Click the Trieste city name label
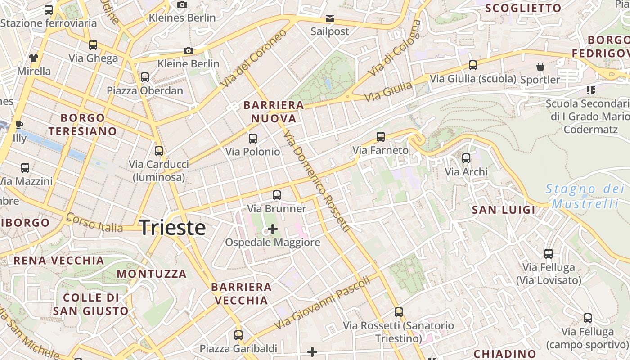tap(173, 228)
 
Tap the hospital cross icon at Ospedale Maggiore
tap(272, 229)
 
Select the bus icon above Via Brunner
tap(277, 195)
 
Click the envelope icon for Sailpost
tap(330, 18)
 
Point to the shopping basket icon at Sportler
tap(540, 67)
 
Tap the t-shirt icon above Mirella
tap(34, 58)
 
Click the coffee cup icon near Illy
tap(19, 125)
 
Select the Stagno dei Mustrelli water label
tap(585, 196)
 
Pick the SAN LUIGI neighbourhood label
tap(504, 210)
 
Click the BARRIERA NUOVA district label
tap(274, 112)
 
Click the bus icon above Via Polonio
tap(253, 138)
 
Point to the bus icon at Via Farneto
tap(381, 136)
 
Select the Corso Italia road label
tap(94, 223)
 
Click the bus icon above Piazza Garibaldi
tap(238, 335)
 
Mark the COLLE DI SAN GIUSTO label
tap(91, 304)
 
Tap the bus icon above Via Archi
tap(466, 158)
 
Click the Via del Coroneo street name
tap(254, 59)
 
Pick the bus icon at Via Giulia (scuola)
tap(473, 65)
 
